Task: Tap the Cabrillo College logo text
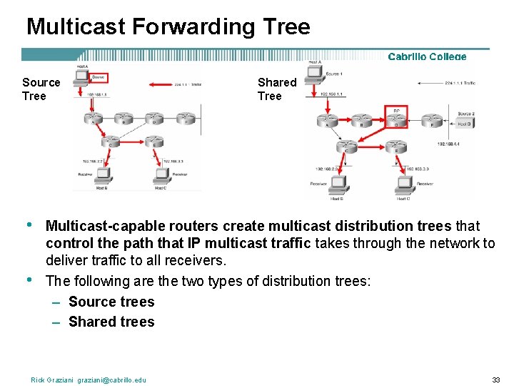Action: coord(427,56)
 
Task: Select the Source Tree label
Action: coord(41,89)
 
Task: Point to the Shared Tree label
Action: coord(276,89)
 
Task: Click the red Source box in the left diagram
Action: coord(98,77)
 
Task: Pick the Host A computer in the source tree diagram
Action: coord(81,75)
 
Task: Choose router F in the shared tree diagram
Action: coord(430,119)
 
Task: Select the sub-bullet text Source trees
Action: coord(111,302)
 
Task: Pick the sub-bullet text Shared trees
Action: coord(111,322)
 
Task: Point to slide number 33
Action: coord(496,380)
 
